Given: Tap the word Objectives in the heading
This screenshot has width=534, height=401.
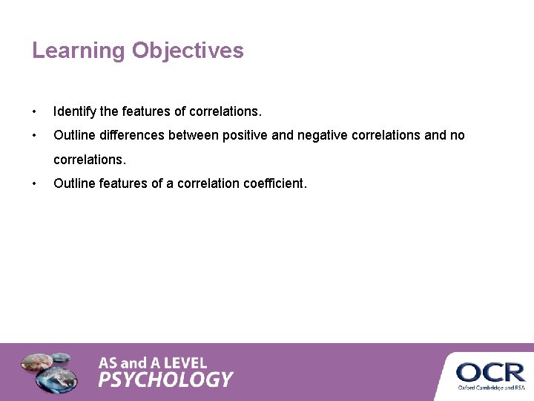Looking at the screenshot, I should coord(188,51).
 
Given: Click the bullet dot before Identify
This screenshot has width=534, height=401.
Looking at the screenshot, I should coord(34,112).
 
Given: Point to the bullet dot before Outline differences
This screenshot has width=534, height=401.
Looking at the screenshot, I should coord(34,136).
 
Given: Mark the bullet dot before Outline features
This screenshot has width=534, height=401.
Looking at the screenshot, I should coord(34,183).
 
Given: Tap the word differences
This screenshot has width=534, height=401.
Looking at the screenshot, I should coord(130,136).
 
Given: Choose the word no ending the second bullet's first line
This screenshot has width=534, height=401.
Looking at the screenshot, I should coord(458,136).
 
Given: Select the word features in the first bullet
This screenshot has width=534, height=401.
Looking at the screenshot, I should coord(146,112).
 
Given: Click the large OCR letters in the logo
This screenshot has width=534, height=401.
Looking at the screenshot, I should coord(490,372).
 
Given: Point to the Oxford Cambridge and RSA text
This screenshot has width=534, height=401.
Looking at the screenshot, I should coord(490,388).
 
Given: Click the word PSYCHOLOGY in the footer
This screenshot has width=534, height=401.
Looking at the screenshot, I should coord(165,380).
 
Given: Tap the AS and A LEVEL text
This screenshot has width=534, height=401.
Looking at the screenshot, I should coord(153,363).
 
